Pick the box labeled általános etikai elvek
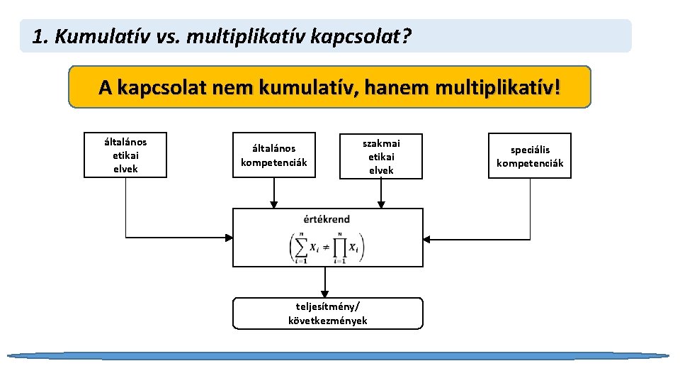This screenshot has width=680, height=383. [125, 155]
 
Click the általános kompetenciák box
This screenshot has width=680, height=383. [274, 155]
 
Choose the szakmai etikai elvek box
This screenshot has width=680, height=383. [381, 156]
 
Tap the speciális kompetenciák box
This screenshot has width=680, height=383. [530, 156]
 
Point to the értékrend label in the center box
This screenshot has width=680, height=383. [327, 219]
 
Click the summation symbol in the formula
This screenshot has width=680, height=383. [301, 247]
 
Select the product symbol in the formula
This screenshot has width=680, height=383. [341, 247]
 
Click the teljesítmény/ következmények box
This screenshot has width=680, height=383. [328, 313]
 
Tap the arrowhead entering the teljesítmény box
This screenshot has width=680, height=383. [325, 293]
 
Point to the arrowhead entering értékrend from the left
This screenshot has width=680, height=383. [228, 238]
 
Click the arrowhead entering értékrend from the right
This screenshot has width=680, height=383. [429, 238]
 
